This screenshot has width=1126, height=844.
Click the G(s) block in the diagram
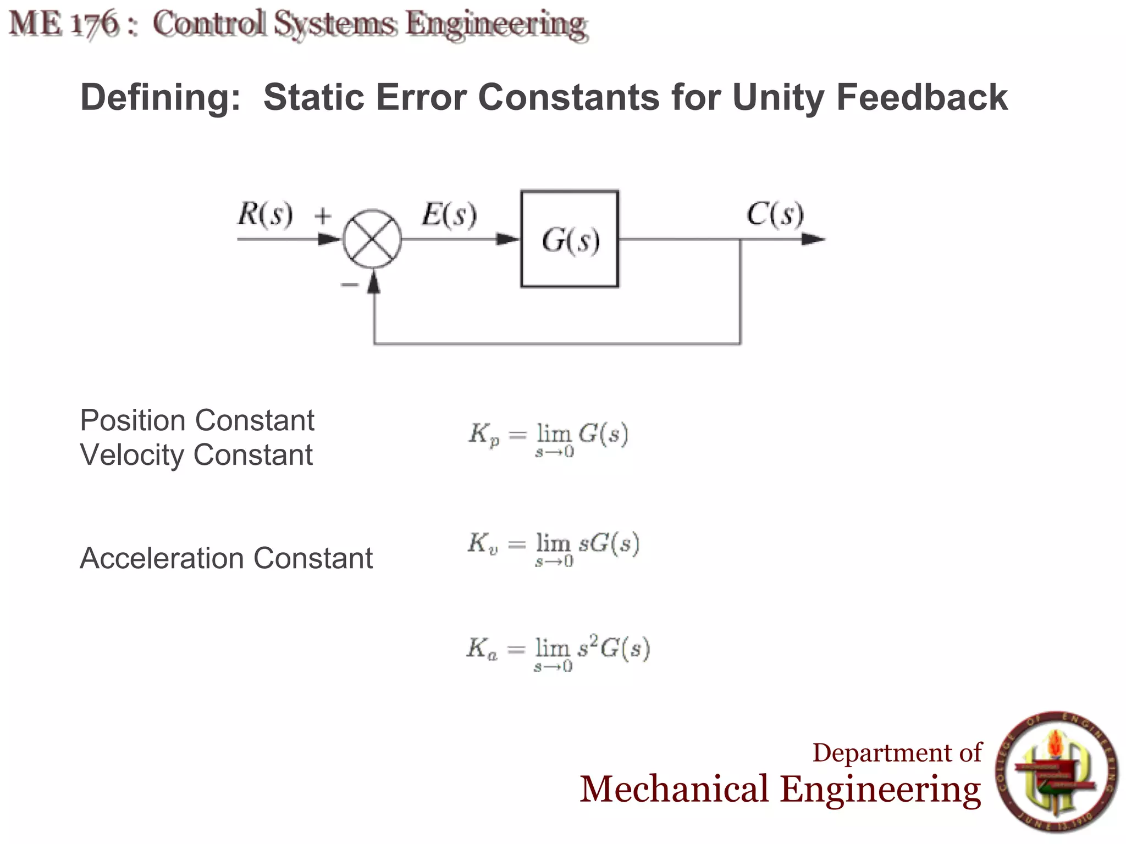coord(570,239)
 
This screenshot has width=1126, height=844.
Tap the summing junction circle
coord(372,239)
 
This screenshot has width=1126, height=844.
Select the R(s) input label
coord(265,214)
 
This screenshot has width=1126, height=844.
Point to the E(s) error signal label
coord(449,214)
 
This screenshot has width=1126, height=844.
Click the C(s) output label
coord(775,214)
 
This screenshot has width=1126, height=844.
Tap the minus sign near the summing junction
coord(349,284)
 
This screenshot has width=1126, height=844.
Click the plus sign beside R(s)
coord(323,215)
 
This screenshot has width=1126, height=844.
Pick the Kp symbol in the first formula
coord(484,434)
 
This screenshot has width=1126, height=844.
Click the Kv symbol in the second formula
coord(483,543)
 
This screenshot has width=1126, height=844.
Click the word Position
coord(135,421)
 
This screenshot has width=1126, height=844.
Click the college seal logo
coord(1057,772)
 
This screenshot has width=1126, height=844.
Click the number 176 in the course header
coord(95,24)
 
